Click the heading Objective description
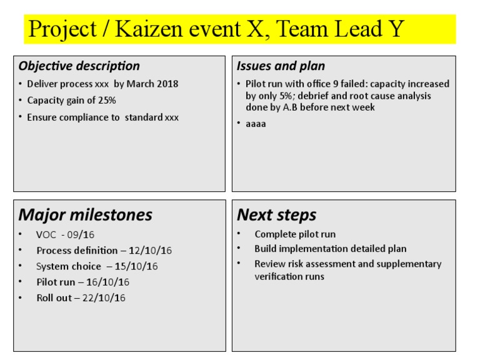tap(79, 66)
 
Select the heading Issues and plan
tap(281, 66)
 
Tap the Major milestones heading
tap(85, 215)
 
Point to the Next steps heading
tap(276, 215)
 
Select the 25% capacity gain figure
tap(106, 100)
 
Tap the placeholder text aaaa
tap(256, 124)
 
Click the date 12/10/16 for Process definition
tap(151, 251)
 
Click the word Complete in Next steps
tap(275, 234)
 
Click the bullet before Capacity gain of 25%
tap(21, 100)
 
